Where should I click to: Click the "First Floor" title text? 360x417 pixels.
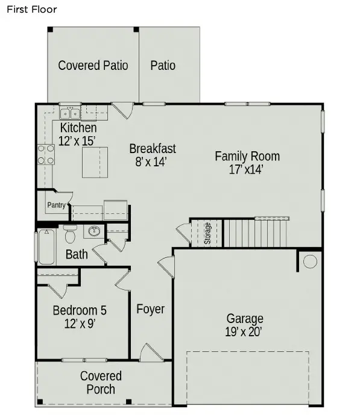(32, 10)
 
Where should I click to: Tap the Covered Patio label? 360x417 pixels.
(93, 66)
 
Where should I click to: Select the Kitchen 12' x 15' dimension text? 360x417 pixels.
(77, 141)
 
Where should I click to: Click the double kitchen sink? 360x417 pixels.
(70, 113)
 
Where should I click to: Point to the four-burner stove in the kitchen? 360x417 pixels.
(46, 154)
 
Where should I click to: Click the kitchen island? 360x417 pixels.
(95, 162)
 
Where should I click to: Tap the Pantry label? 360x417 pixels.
(56, 205)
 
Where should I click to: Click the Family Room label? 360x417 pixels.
(247, 157)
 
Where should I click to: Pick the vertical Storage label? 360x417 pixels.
(207, 233)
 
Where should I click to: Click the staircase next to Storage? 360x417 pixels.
(255, 233)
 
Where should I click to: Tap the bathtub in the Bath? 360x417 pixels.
(46, 247)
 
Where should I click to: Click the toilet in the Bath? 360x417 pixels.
(70, 234)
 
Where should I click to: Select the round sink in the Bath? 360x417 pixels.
(93, 231)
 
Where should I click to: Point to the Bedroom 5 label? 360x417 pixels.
(80, 310)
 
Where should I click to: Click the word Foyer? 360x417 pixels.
(151, 309)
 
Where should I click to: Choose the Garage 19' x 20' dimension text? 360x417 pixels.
(244, 332)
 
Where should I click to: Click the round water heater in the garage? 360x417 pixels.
(310, 262)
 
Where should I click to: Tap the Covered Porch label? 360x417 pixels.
(101, 383)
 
